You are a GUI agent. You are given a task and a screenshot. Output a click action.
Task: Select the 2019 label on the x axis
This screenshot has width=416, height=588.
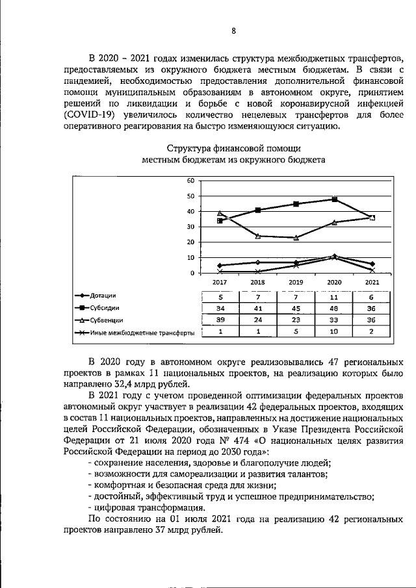296,283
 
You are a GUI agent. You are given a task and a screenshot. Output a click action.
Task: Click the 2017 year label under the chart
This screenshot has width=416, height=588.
220,283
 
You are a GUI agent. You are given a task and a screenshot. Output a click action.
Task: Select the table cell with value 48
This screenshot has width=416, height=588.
334,308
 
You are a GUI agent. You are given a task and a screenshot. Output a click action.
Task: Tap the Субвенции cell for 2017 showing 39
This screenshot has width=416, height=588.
220,320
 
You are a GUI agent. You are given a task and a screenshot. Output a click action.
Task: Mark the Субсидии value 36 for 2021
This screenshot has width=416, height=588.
372,308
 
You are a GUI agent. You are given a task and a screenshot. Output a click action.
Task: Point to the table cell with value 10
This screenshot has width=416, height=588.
334,333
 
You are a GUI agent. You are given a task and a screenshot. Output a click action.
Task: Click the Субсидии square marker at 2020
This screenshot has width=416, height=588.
334,199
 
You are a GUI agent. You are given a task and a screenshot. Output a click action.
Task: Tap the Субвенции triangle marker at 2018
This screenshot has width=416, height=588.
258,236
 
